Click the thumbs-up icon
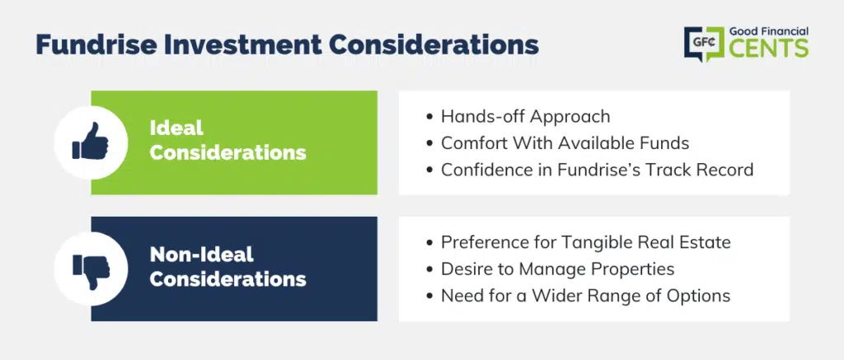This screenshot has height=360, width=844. pos(91,140)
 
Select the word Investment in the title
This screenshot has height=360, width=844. pos(246,45)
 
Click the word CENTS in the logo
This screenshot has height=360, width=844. pos(769,48)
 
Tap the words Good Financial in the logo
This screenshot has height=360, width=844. pos(769,32)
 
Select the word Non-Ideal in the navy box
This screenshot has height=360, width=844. pos(201,254)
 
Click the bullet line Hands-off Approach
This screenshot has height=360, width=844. pos(525,117)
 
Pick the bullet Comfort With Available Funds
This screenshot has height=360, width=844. pos(565,143)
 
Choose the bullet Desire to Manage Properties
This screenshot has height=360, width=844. pos(558,269)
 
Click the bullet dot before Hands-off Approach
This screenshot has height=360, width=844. pos(429,117)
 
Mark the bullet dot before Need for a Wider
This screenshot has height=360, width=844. pos(429,296)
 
